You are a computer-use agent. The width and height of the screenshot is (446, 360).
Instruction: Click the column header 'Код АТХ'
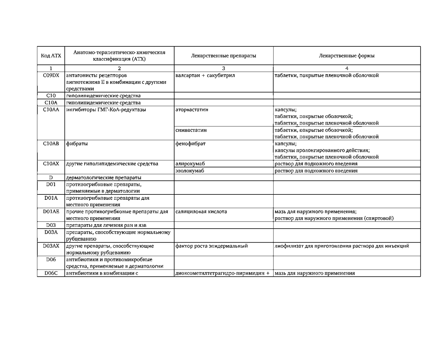[x=51, y=56]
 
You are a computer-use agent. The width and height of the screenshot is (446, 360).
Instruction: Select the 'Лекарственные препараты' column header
[x=223, y=56]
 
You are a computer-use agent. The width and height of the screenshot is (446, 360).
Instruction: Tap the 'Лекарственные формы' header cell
[x=347, y=56]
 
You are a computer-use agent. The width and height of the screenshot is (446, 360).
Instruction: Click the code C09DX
[x=51, y=76]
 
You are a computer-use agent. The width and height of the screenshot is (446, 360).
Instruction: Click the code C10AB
[x=51, y=144]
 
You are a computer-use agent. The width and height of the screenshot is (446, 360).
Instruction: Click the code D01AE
[x=51, y=212]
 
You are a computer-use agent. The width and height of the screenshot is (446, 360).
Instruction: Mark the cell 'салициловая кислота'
[x=201, y=212]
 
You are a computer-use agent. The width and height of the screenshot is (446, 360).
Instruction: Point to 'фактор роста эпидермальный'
[x=212, y=246]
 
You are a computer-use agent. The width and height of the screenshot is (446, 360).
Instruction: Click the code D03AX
[x=51, y=246]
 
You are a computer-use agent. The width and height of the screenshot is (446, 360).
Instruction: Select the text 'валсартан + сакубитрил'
[x=205, y=76]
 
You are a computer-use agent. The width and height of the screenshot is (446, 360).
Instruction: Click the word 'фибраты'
[x=77, y=144]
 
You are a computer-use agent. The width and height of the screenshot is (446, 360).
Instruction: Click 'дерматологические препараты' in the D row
[x=104, y=178]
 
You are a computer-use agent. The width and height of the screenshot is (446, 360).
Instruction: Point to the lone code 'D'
[x=51, y=178]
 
